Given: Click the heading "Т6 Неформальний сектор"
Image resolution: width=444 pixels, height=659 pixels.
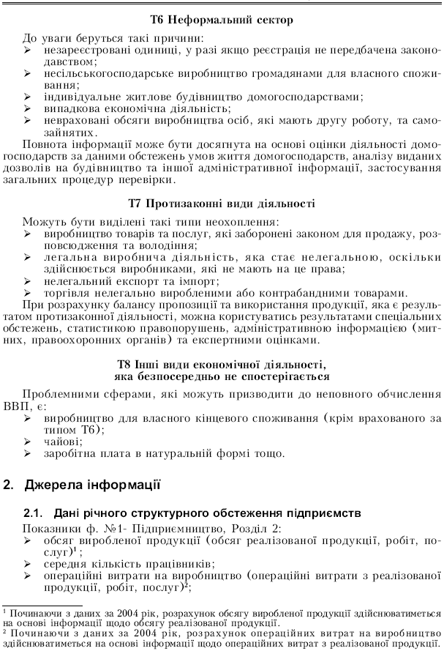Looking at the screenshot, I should (222, 21).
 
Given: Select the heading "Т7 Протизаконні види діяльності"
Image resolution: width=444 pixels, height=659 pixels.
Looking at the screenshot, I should (222, 203).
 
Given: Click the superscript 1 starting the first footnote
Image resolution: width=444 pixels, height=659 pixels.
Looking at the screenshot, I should (4, 608).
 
